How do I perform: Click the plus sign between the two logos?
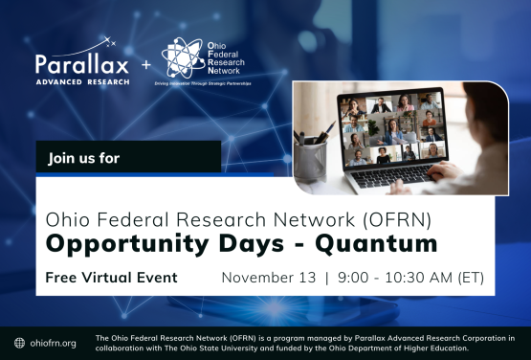(x=146, y=65)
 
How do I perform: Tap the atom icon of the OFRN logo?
(x=182, y=57)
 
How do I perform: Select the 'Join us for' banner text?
(x=84, y=157)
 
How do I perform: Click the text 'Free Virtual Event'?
(x=112, y=278)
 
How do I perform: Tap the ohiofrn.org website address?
(x=54, y=343)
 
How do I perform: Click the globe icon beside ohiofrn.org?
(x=19, y=343)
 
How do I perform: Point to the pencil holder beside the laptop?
(x=311, y=158)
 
